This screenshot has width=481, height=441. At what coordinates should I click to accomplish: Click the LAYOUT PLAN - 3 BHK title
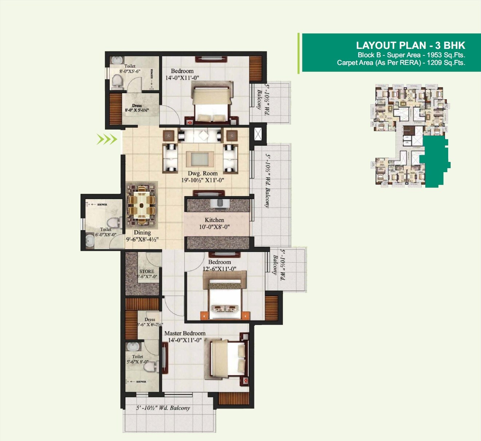coord(410,45)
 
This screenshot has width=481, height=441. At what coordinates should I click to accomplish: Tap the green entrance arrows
coord(107,139)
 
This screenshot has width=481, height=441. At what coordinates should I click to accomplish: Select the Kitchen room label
coord(214,220)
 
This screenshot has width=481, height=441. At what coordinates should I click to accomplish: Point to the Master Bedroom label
coord(185,333)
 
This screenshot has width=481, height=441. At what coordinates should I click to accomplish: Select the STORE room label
coord(146,271)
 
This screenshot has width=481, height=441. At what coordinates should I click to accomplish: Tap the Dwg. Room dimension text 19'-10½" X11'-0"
coord(203,180)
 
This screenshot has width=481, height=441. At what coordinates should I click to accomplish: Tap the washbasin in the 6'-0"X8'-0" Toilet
coord(90,240)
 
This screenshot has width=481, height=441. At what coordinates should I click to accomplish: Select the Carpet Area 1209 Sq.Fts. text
coord(401,63)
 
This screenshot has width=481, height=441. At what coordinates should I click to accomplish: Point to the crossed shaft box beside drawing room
coord(258,134)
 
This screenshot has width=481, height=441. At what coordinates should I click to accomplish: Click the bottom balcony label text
coord(163,408)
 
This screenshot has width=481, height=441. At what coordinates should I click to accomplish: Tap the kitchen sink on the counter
coord(220,202)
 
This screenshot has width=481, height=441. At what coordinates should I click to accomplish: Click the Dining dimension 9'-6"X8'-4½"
coord(142,240)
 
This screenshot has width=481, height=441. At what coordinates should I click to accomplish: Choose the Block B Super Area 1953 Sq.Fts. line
coord(411,55)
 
